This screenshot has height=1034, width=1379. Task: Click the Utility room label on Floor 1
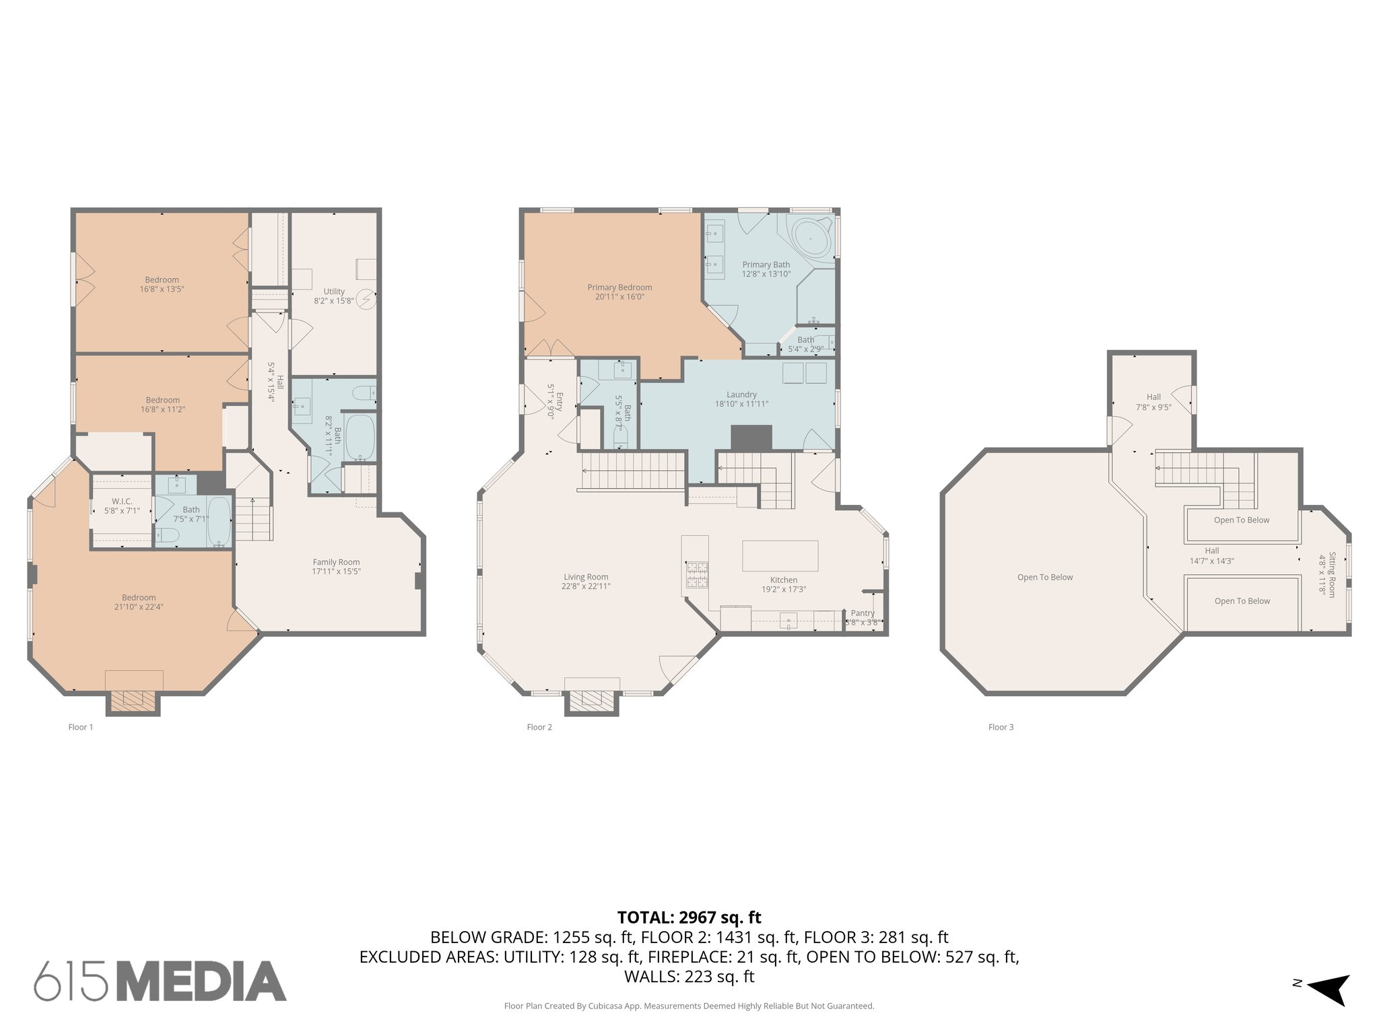(333, 291)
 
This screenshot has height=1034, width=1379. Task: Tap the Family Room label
(336, 562)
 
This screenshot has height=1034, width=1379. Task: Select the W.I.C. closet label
(122, 502)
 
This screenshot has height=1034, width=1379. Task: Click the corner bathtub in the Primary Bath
(810, 238)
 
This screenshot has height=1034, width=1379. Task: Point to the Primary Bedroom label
(619, 287)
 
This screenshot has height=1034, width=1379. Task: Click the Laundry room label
(741, 394)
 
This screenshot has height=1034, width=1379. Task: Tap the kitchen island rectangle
(780, 555)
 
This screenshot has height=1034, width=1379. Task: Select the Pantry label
(863, 613)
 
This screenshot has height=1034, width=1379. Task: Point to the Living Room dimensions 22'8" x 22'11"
(586, 586)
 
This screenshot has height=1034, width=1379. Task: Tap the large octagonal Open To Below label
(1045, 577)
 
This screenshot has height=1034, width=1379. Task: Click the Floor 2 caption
(539, 727)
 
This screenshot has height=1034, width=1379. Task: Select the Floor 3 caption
(1001, 727)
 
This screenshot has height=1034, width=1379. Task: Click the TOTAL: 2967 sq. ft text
(689, 918)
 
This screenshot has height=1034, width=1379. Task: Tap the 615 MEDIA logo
(160, 981)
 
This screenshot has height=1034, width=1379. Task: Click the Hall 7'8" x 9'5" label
(1153, 402)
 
